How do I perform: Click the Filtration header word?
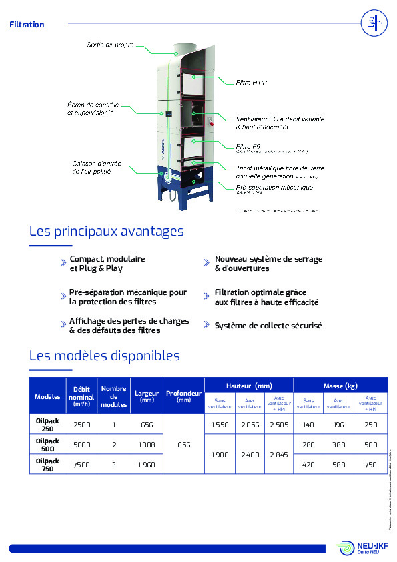(27, 25)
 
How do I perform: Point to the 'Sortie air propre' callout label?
(110, 45)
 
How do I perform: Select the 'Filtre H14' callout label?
(252, 83)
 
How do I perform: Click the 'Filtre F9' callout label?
(248, 146)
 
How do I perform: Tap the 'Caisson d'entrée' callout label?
(92, 167)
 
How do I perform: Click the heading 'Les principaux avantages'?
(107, 231)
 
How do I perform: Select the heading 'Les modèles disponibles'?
(105, 356)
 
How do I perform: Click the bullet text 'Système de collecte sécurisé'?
(268, 326)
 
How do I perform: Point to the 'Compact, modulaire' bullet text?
(107, 258)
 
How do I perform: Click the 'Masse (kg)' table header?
(340, 386)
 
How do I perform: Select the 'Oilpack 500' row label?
(47, 445)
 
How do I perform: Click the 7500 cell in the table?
(81, 464)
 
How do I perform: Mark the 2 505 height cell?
(278, 425)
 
